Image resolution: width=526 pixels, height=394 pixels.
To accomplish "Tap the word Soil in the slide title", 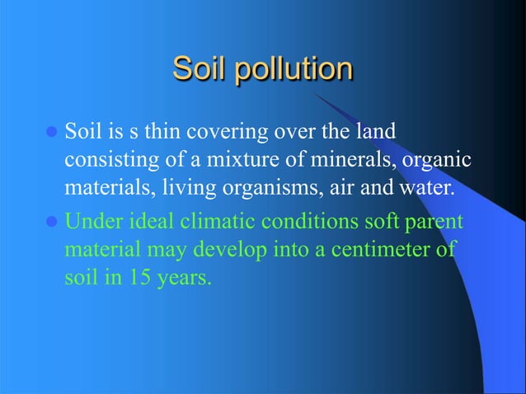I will pyautogui.click(x=200, y=69).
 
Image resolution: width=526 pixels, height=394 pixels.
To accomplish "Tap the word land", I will pyautogui.click(x=373, y=132).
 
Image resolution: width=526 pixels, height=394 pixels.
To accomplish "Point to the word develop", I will pyautogui.click(x=227, y=251).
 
